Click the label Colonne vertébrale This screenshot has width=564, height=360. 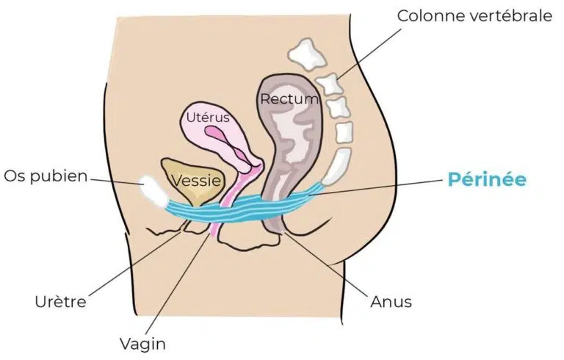point(474,16)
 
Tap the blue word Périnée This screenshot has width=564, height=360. point(487,179)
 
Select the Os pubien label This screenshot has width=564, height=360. point(46,177)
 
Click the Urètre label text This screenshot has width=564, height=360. point(60,302)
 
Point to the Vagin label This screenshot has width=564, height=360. point(142,344)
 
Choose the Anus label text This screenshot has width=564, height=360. point(391,302)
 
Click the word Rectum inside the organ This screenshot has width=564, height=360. point(289,98)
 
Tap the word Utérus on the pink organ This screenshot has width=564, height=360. point(208,118)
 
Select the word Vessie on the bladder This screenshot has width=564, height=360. point(196,180)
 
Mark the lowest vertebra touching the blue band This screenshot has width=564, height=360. point(336,166)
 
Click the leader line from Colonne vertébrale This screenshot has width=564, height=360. point(369,54)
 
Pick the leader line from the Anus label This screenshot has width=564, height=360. point(328,264)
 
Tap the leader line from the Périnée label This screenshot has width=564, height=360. point(376,187)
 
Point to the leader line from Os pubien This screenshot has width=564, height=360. point(115,181)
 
